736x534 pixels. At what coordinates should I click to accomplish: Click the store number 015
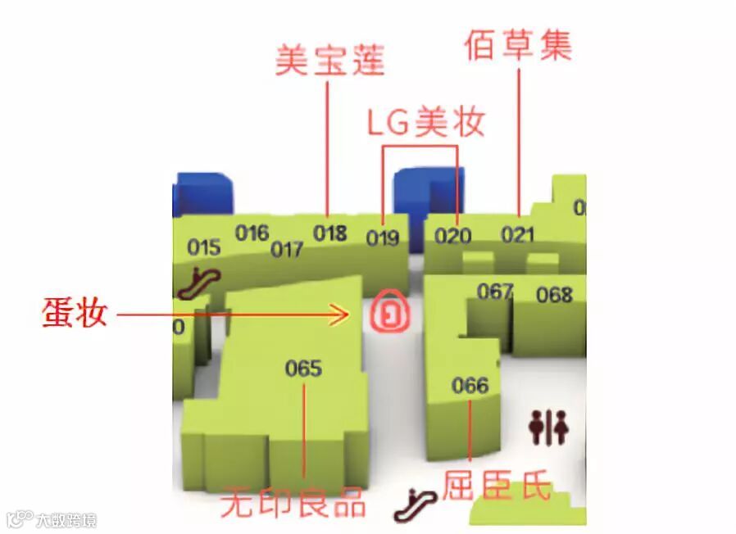204,247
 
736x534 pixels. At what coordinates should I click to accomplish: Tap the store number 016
252,233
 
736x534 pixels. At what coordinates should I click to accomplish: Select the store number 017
287,249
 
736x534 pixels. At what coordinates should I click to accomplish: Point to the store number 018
329,233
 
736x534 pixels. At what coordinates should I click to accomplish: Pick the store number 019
383,238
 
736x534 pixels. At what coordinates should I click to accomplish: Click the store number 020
453,236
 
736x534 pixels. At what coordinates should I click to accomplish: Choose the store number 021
518,235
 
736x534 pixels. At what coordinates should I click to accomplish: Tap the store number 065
303,369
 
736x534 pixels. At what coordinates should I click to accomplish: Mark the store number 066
470,386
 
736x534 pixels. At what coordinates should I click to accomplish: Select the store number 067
495,292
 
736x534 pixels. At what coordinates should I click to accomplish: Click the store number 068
554,295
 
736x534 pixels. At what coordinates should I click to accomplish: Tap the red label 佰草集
517,44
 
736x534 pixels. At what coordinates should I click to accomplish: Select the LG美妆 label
425,123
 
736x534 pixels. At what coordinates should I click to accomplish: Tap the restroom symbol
549,428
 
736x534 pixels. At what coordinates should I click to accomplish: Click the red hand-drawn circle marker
390,312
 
